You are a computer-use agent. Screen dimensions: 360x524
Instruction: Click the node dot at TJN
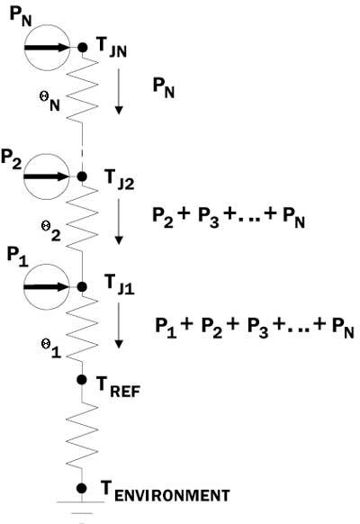click(x=82, y=48)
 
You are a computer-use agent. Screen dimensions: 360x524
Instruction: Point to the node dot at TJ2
click(x=82, y=176)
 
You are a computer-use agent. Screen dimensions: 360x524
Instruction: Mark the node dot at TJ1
click(x=82, y=286)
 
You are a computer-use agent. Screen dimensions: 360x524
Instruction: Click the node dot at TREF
click(x=82, y=380)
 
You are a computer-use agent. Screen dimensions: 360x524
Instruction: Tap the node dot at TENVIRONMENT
click(x=82, y=489)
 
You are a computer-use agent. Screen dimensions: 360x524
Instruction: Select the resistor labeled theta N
click(x=83, y=89)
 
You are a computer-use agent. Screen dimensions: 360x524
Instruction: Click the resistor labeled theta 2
click(x=83, y=217)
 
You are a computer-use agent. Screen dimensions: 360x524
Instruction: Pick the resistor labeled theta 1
click(x=83, y=329)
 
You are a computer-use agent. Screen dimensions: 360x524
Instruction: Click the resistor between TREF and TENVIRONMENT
click(x=82, y=435)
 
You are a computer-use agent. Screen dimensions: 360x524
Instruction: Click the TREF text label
click(x=118, y=387)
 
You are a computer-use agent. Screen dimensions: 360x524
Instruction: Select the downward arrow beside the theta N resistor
click(x=119, y=92)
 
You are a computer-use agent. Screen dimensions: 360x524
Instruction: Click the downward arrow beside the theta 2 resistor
click(x=119, y=221)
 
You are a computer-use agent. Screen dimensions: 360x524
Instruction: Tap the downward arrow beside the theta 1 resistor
click(x=119, y=326)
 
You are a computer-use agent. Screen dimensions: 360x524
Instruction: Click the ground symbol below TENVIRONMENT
click(x=81, y=508)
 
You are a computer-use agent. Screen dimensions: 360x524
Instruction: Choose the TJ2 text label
click(x=119, y=179)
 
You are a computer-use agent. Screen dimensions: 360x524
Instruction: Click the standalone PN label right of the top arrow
click(x=164, y=87)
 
